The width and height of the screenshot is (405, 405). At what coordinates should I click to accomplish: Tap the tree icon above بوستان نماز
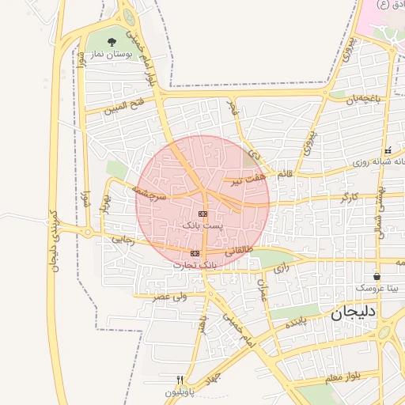tap(112, 40)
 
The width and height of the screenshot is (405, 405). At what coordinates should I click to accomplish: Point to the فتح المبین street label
tap(127, 105)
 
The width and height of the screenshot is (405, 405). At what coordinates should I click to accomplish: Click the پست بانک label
tap(203, 225)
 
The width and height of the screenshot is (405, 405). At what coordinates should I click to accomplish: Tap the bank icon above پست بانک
tap(203, 214)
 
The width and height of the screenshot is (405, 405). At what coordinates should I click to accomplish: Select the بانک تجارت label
tap(195, 265)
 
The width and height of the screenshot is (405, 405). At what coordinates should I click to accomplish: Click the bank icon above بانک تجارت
tap(195, 253)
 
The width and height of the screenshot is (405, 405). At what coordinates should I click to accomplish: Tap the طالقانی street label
tap(240, 250)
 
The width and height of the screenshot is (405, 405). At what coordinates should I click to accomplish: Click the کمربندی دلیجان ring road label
tap(55, 240)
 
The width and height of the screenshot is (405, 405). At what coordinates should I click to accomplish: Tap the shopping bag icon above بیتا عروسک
tap(377, 277)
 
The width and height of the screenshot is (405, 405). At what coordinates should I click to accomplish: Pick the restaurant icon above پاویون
tap(180, 380)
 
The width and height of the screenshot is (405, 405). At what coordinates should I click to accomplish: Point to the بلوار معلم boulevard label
tap(341, 377)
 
